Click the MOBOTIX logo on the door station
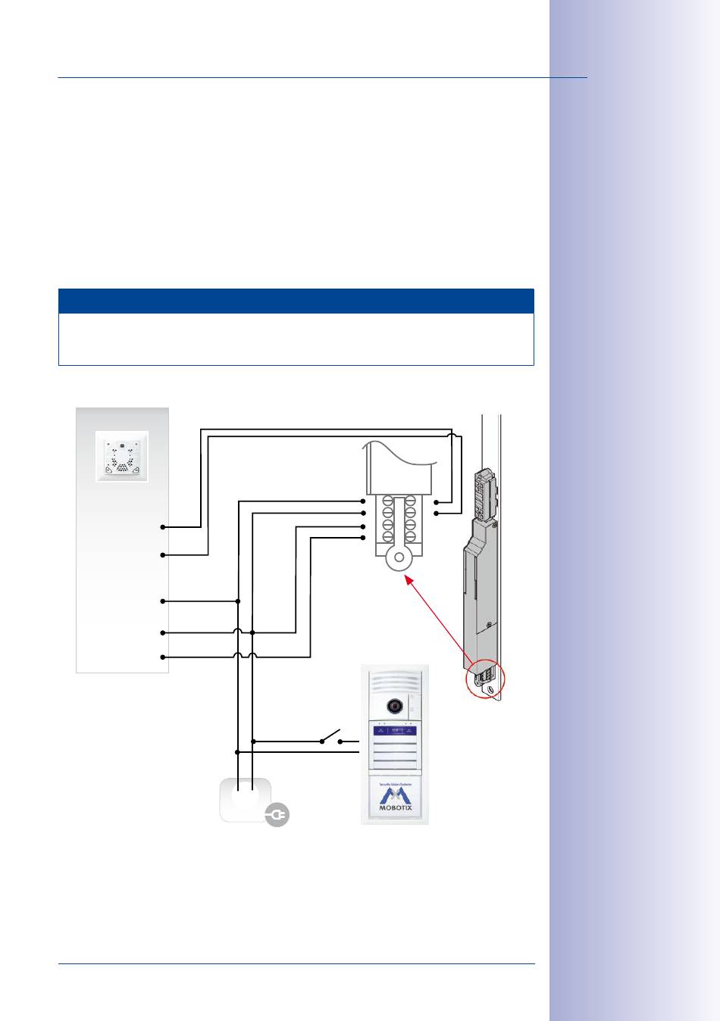tap(395, 798)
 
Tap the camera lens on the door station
tap(394, 705)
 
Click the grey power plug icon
tap(277, 815)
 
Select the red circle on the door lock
tap(485, 679)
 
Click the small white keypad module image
tap(121, 456)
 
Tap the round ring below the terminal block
tap(399, 558)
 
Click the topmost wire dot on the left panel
tap(163, 526)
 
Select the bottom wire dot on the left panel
tap(163, 657)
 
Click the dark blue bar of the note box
tap(296, 301)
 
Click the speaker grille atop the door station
tap(393, 679)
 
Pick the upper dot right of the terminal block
tap(437, 501)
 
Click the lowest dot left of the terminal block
tap(363, 538)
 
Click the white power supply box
tap(244, 798)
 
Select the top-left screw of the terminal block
tap(387, 501)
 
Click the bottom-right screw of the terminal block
tap(410, 537)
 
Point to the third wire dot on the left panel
tap(163, 601)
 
